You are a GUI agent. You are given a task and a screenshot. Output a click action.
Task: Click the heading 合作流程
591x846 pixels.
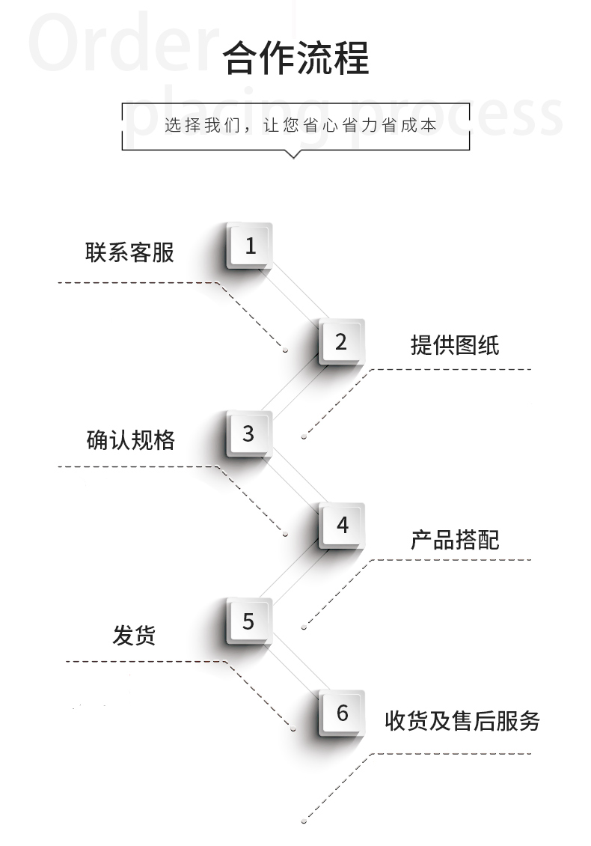click(295, 58)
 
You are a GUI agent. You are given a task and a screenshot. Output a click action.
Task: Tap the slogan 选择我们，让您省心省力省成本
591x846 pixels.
click(300, 125)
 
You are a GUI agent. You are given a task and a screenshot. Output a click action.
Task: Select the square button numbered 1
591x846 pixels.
click(249, 246)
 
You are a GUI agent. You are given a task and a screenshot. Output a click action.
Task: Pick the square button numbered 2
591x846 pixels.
click(341, 341)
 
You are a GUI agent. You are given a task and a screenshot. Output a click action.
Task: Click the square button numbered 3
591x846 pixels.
click(248, 433)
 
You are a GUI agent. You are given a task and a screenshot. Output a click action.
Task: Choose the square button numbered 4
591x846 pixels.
click(341, 525)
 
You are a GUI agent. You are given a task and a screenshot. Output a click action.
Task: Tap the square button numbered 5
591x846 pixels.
click(248, 621)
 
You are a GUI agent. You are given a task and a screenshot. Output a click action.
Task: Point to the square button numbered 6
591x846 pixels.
click(341, 713)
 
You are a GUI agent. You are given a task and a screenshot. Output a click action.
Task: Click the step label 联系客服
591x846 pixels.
click(129, 252)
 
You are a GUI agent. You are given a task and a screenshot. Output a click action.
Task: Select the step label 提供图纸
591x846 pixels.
click(455, 345)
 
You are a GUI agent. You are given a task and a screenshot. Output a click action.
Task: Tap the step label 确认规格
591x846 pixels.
click(130, 440)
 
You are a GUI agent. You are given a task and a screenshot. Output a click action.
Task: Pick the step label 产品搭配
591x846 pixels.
click(455, 540)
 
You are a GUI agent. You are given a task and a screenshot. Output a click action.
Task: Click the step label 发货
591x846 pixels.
click(134, 635)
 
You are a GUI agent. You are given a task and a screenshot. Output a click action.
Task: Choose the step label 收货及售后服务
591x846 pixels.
click(462, 721)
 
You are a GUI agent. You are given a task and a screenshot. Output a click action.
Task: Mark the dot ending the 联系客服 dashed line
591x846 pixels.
click(285, 350)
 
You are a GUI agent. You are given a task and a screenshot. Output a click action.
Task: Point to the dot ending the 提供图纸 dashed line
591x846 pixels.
click(304, 436)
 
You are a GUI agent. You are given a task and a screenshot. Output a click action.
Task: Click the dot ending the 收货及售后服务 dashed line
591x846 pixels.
click(304, 821)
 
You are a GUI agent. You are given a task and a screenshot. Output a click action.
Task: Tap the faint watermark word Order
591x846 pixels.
click(123, 43)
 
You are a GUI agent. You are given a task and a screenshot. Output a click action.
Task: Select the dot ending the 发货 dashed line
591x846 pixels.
click(293, 729)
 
